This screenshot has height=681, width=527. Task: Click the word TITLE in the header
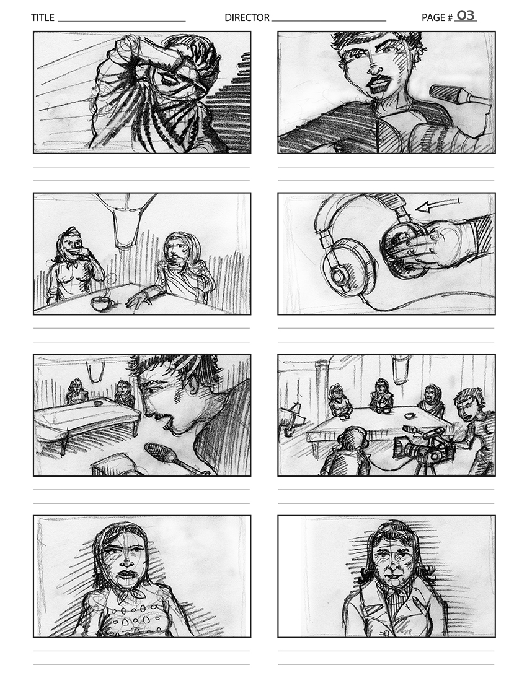click(43, 18)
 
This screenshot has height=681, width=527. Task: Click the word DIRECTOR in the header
click(247, 18)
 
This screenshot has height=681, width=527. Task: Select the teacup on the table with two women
click(101, 303)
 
